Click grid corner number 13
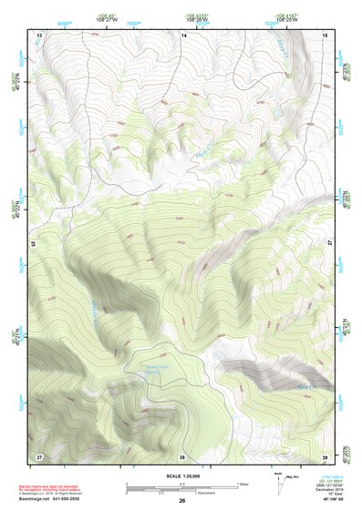(x=39, y=35)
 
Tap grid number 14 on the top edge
(x=183, y=35)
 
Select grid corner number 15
(x=326, y=35)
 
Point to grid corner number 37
(x=39, y=455)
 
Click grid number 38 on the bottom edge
(x=182, y=455)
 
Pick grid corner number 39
(x=326, y=455)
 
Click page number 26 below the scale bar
(x=182, y=501)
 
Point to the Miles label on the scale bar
(x=243, y=483)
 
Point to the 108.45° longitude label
(x=106, y=15)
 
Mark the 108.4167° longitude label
(x=276, y=15)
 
